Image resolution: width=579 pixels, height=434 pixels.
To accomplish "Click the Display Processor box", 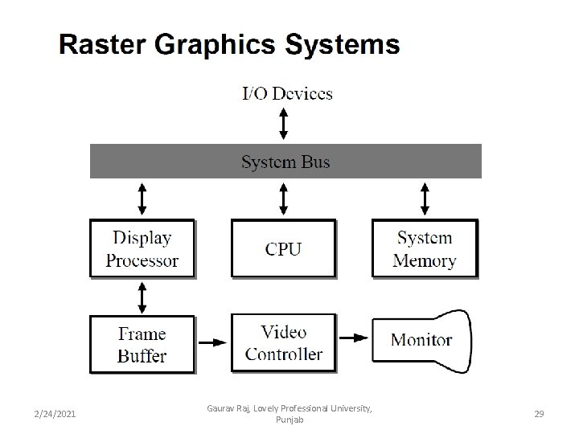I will (142, 248).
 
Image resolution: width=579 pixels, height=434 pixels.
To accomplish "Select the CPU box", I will (283, 248).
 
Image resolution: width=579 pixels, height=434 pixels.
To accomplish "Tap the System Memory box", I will (425, 248).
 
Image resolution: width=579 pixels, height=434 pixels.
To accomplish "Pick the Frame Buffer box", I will (142, 343).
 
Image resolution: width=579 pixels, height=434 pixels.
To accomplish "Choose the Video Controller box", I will (283, 343).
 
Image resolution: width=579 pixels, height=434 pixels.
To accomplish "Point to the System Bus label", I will (285, 162).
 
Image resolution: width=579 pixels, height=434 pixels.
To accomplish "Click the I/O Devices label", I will (287, 93).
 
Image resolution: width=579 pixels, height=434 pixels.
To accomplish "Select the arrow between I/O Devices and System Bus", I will (283, 123).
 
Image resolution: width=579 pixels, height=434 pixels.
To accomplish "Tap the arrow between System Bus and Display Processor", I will (142, 198).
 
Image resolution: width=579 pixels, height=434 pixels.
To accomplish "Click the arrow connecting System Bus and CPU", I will (283, 198).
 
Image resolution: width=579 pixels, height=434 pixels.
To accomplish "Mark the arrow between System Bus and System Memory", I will (425, 198).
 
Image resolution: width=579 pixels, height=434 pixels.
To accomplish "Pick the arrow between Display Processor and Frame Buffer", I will (142, 297).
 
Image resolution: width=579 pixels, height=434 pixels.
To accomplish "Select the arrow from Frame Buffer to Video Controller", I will (213, 343).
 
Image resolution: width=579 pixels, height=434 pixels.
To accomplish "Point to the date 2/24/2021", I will (55, 413).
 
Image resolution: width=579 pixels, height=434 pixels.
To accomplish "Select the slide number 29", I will (539, 413).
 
